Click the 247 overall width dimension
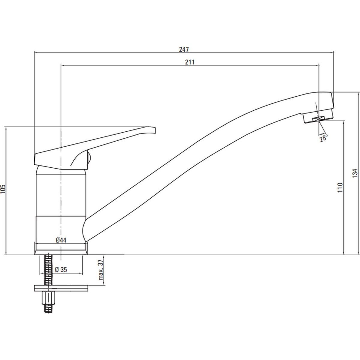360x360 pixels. click(x=184, y=49)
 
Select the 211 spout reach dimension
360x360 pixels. click(x=190, y=62)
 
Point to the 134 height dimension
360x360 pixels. click(x=355, y=173)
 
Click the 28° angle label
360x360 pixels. click(x=323, y=138)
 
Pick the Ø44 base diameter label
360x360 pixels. click(x=61, y=240)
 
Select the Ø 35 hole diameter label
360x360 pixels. click(x=61, y=270)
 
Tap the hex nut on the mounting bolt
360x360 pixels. click(x=48, y=298)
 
